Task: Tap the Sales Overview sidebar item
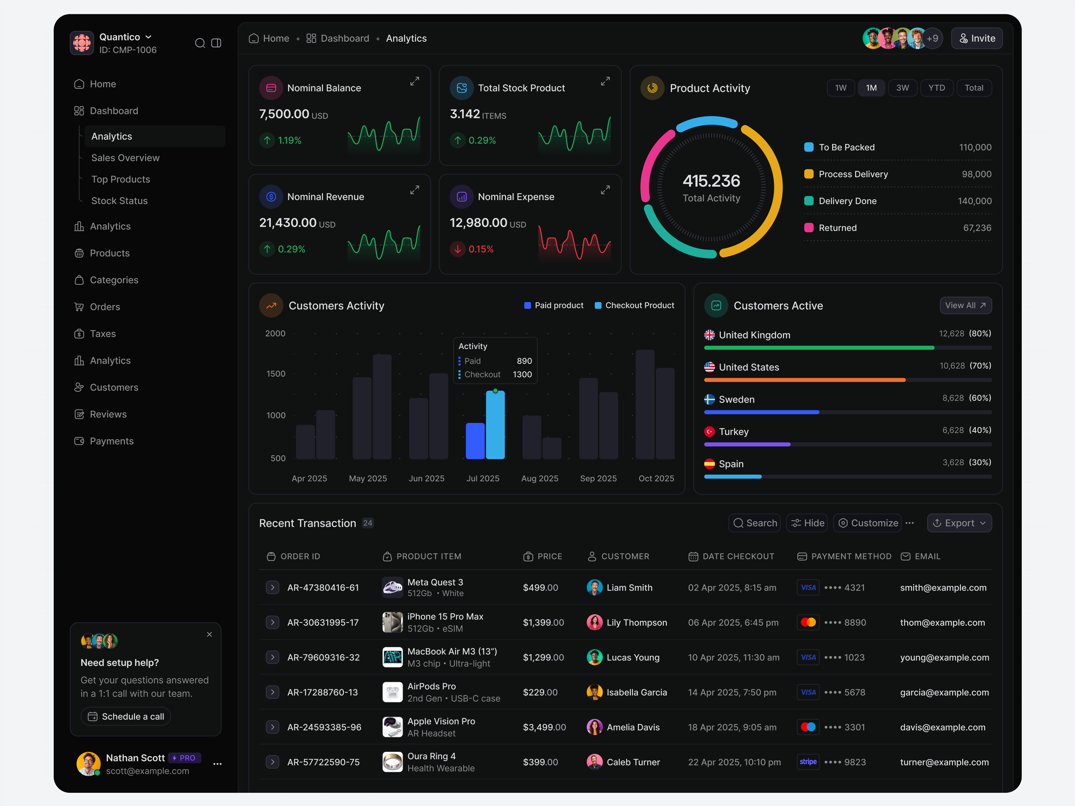click(125, 158)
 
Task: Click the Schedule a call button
click(126, 717)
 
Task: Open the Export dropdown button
click(959, 523)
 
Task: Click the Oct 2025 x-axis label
click(656, 479)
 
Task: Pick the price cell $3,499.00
click(544, 727)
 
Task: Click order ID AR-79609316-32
click(323, 657)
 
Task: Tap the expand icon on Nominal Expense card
click(605, 190)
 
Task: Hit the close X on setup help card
click(209, 635)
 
